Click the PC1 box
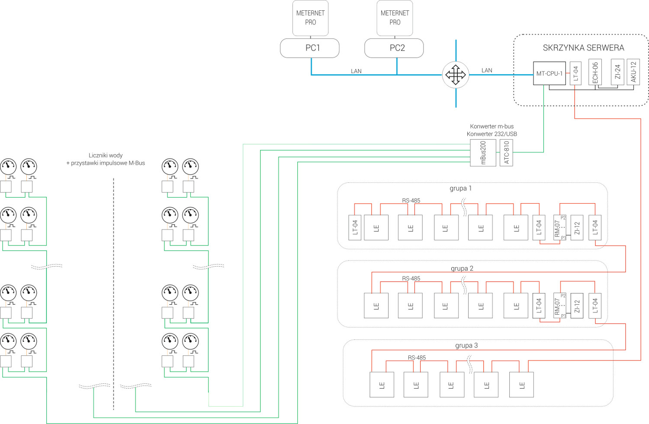[x=309, y=48]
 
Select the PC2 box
[x=394, y=48]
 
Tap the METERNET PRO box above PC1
[x=310, y=18]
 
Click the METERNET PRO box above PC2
[x=395, y=18]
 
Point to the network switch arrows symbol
[x=456, y=75]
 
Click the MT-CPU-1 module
[x=549, y=73]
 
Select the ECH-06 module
[x=595, y=72]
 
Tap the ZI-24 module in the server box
[x=617, y=72]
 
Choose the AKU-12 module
[x=633, y=72]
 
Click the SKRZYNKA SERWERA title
[x=583, y=48]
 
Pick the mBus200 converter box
[x=483, y=153]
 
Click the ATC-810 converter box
[x=506, y=153]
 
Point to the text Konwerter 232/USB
[x=492, y=134]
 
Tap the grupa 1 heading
[x=460, y=188]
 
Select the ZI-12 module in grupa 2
[x=577, y=306]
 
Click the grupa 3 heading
[x=466, y=346]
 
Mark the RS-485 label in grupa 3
[x=417, y=358]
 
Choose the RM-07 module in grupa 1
[x=560, y=227]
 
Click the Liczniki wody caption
[x=106, y=156]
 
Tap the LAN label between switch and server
[x=487, y=70]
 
